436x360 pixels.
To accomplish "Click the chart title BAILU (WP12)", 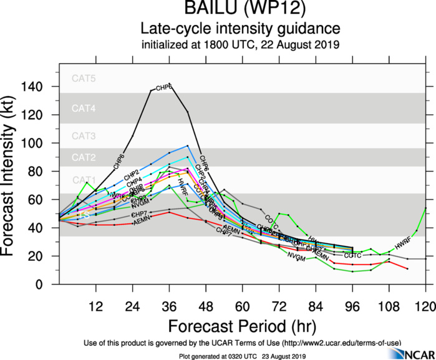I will click(240, 11).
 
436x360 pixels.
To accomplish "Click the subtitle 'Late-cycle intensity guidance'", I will click(240, 29).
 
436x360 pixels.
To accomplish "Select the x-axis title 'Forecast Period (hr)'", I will click(240, 326).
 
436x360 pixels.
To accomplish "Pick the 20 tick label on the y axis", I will click(45, 256).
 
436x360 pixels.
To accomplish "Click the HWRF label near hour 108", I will click(404, 245).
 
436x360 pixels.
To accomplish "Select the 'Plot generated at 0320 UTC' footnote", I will click(240, 356).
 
